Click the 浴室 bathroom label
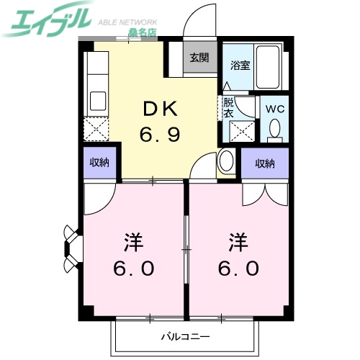pyautogui.click(x=240, y=65)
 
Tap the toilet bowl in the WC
pyautogui.click(x=274, y=129)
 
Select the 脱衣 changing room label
pyautogui.click(x=228, y=107)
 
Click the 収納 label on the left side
pyautogui.click(x=99, y=163)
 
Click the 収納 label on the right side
pyautogui.click(x=265, y=163)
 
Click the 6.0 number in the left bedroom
pyautogui.click(x=134, y=268)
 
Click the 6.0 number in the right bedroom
pyautogui.click(x=239, y=268)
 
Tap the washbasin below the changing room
pyautogui.click(x=227, y=161)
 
